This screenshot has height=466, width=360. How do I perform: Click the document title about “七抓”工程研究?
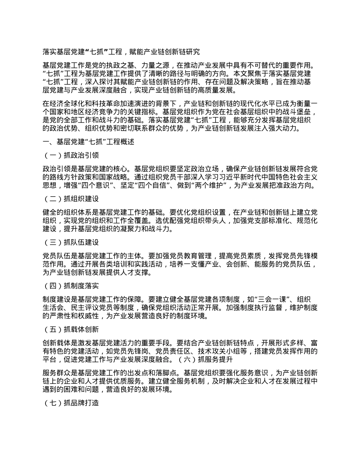pos(121,52)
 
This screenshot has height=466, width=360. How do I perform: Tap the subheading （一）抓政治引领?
pos(72,155)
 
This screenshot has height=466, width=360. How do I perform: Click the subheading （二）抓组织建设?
pos(72,199)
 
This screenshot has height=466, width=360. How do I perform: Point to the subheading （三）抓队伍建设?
pos(72,242)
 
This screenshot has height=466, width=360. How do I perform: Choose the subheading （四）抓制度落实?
pos(72,286)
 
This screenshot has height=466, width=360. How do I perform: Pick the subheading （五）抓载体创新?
pos(72,329)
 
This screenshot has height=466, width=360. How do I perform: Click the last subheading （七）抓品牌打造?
pos(72,402)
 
